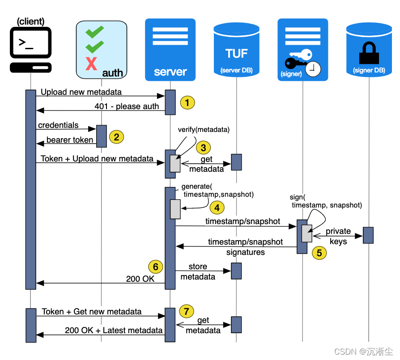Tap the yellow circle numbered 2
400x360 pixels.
point(116,137)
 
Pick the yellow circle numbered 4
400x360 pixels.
point(217,208)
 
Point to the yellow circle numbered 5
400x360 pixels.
point(319,253)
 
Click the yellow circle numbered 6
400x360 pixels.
point(155,267)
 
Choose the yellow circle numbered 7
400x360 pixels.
point(187,310)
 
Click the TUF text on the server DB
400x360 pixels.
point(236,54)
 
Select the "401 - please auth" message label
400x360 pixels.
point(127,106)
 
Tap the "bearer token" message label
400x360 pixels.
point(70,140)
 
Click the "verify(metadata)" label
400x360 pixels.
point(204,130)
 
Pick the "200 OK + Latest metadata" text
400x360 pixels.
point(114,330)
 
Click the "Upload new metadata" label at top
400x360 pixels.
point(81,92)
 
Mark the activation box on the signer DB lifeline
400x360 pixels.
point(368,235)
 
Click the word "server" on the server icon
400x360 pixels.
point(170,72)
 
